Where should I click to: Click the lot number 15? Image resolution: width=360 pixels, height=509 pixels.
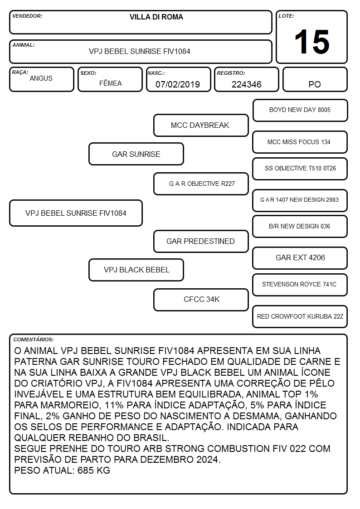[x=312, y=42]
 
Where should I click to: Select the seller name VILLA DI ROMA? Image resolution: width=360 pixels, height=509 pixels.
[x=156, y=17]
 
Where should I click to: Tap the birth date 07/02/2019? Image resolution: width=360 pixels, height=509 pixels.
[x=178, y=84]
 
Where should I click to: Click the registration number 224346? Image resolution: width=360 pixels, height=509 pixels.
[x=246, y=84]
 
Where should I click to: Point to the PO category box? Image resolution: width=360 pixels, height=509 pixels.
[x=315, y=79]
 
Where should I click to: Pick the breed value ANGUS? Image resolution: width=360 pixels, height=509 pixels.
[x=41, y=78]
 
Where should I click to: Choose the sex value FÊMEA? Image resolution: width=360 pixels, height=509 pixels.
[x=110, y=83]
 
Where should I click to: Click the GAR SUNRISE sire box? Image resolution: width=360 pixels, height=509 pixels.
[x=136, y=154]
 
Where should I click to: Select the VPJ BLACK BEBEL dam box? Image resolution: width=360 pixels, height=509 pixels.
[x=136, y=270]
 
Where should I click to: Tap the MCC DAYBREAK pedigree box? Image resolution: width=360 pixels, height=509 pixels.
[x=201, y=125]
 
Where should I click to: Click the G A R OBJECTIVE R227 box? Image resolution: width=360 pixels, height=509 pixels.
[x=201, y=184]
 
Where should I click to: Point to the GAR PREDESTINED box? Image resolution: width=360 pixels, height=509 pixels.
[x=201, y=242]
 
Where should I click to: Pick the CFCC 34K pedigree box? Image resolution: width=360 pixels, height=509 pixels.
[x=201, y=300]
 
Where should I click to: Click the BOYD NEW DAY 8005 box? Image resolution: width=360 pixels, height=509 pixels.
[x=300, y=111]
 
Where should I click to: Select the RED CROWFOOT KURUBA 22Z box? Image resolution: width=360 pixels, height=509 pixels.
[x=300, y=316]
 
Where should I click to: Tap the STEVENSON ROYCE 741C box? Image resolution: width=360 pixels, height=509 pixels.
[x=300, y=285]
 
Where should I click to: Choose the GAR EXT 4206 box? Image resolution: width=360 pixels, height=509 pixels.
[x=300, y=258]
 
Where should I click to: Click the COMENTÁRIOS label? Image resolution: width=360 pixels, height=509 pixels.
[x=34, y=339]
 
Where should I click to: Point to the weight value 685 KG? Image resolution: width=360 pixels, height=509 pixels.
[x=94, y=470]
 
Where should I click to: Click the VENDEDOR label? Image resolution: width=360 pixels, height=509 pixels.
[x=27, y=16]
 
